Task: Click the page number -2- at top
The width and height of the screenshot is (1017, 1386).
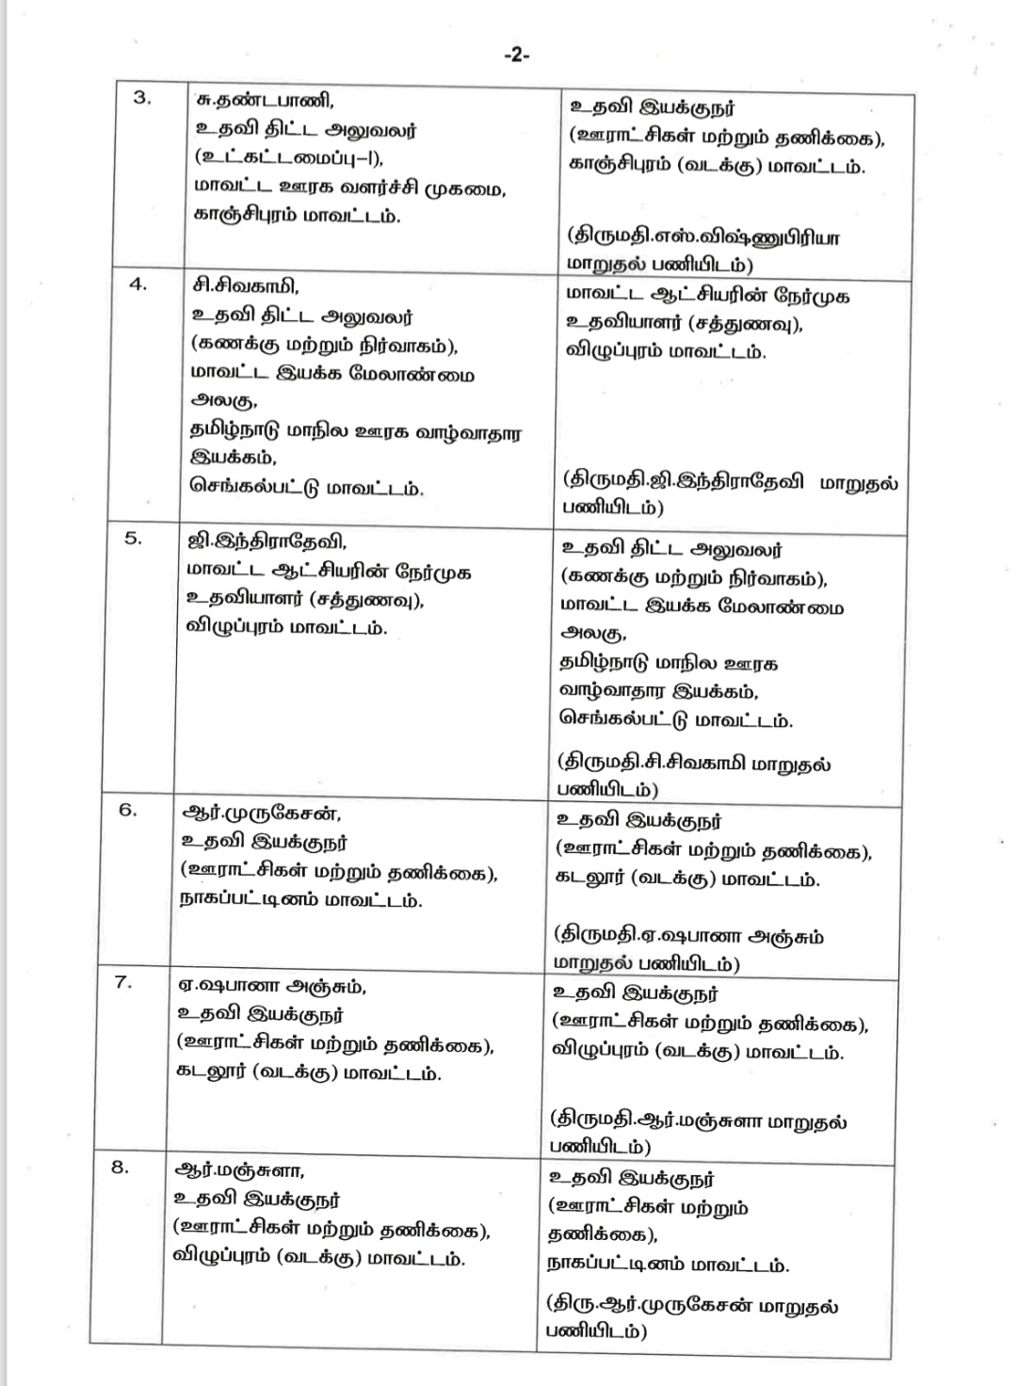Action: coord(517,55)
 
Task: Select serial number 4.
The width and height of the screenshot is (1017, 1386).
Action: coord(137,284)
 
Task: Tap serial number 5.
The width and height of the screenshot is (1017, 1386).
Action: coord(134,538)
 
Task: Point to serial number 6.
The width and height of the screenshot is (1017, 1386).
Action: coord(128,809)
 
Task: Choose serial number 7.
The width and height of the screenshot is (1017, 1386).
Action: coord(123,982)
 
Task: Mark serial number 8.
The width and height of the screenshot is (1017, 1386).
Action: coord(120,1167)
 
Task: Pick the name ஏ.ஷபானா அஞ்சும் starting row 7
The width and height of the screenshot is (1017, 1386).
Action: coord(272,987)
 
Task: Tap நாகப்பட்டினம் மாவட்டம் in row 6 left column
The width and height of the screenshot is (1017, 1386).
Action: coord(300,900)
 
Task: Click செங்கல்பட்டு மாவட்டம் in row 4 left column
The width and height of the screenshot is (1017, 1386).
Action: coord(306,489)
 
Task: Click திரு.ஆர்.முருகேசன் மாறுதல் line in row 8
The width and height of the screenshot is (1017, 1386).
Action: coord(692,1306)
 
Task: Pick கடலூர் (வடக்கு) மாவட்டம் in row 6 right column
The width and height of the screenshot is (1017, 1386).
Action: coord(687,879)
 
